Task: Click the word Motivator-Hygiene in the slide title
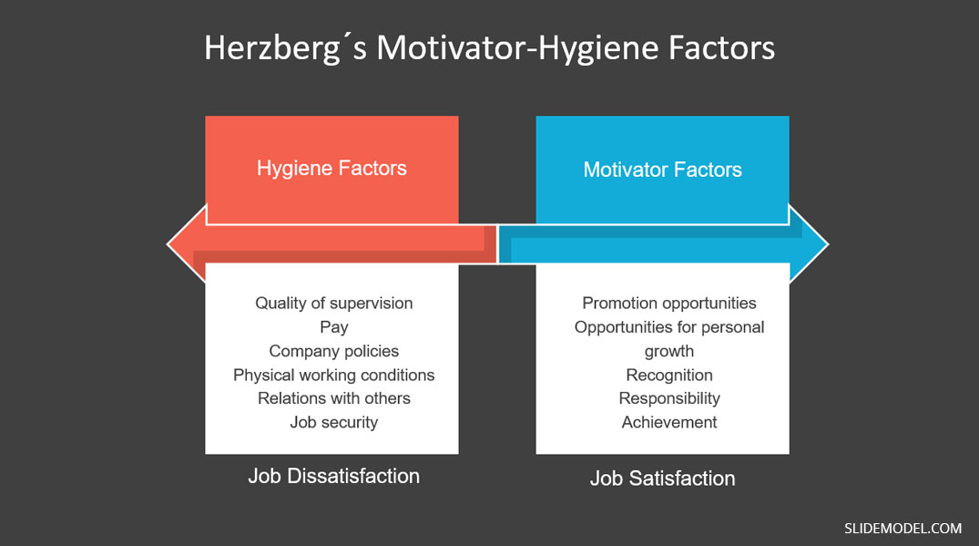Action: coord(517,48)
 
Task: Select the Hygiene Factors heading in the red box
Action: coord(331,169)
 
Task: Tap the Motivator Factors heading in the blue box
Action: coord(662,170)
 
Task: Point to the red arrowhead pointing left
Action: coord(187,244)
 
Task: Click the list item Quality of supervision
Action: coord(334,304)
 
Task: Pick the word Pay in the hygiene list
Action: coord(334,328)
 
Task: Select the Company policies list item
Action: coord(334,352)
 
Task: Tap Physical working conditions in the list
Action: coord(334,376)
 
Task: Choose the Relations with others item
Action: coord(334,398)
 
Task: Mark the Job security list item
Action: coord(334,423)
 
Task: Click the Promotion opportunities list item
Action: coord(669,304)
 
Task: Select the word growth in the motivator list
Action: coord(669,352)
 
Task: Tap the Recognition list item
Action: coord(669,376)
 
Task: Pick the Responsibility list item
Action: coord(669,399)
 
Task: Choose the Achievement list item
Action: coord(669,422)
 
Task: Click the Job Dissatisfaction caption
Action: coord(334,476)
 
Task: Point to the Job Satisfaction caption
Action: coord(662,479)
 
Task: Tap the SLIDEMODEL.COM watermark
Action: coord(903,529)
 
